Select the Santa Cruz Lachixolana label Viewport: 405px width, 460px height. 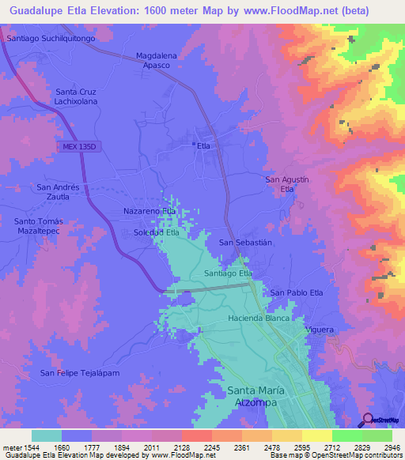tap(77, 97)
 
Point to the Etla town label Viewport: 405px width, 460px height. tap(202, 145)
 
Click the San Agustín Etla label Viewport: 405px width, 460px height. tap(286, 184)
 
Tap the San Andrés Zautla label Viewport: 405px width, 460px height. tap(59, 191)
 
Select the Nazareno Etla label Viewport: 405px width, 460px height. tap(150, 212)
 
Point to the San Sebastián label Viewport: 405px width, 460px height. tap(245, 243)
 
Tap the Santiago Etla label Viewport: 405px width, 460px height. tap(228, 273)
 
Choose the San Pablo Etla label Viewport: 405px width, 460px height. tap(297, 292)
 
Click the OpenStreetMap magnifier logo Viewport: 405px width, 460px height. tap(368, 420)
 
